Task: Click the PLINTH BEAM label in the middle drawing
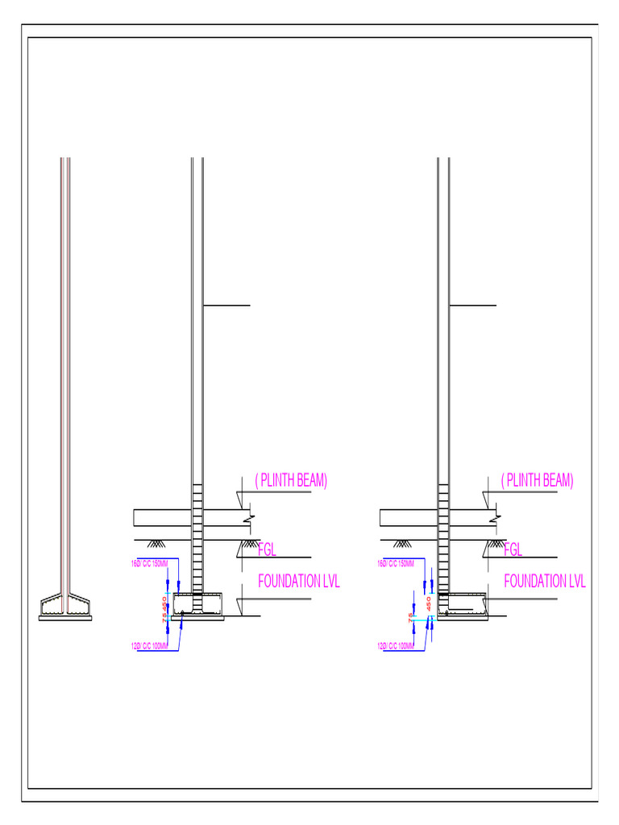point(291,481)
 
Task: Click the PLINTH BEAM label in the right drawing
point(537,481)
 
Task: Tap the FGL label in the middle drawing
point(267,550)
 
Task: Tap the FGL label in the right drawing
point(513,550)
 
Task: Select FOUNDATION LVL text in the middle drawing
point(299,582)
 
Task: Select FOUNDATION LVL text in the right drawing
point(545,582)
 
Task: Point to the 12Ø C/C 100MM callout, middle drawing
point(149,645)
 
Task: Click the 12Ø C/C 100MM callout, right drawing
point(396,645)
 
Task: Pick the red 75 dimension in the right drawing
point(411,618)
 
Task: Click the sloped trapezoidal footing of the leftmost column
point(66,606)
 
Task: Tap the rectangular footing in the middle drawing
point(198,606)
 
